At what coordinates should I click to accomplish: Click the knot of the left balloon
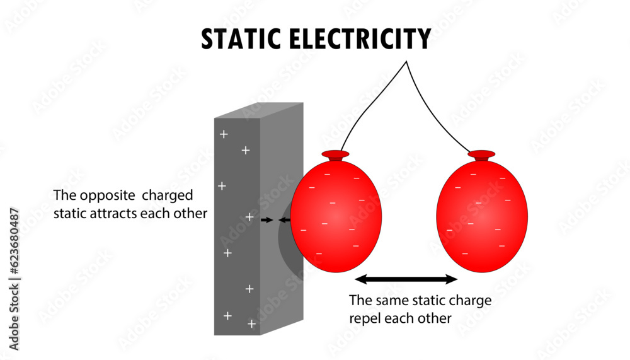tap(335, 154)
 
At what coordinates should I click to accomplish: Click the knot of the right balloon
tap(481, 154)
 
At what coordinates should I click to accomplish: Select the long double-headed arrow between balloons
tap(406, 279)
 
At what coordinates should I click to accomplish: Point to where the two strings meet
tap(407, 62)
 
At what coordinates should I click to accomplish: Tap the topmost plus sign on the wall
tap(222, 134)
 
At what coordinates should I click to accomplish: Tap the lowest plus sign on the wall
tap(251, 323)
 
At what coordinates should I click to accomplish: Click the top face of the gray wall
tap(258, 110)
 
